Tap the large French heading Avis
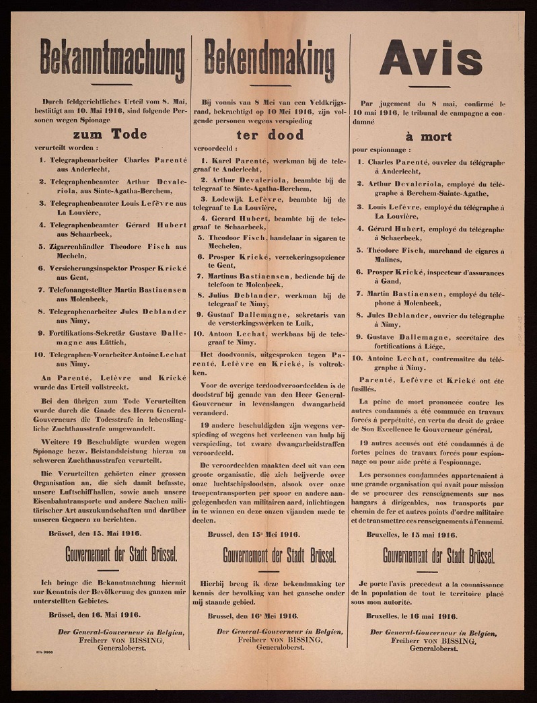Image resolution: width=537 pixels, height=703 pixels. tap(431, 59)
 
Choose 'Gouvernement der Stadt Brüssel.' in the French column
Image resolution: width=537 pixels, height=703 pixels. tap(439, 556)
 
